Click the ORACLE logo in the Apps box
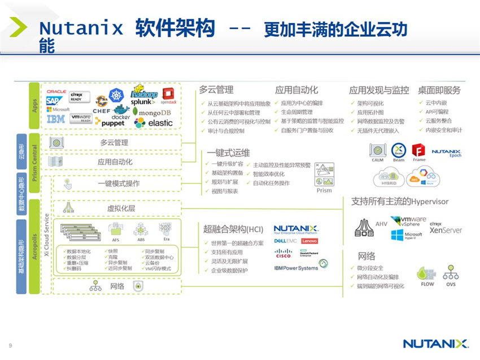(x=56, y=91)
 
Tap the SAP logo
(x=54, y=100)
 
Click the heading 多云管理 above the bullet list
(x=216, y=90)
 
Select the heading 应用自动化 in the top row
(x=296, y=90)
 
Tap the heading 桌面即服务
(x=439, y=90)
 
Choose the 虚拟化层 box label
(x=121, y=208)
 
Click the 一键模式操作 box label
(x=119, y=184)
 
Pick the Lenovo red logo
(x=309, y=241)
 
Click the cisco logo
(x=283, y=253)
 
